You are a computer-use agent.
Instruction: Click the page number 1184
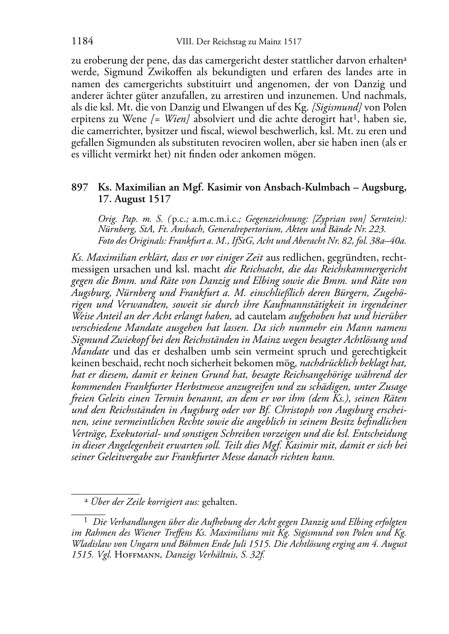[82, 42]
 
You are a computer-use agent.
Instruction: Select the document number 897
[79, 187]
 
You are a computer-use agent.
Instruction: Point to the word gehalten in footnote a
[219, 502]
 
